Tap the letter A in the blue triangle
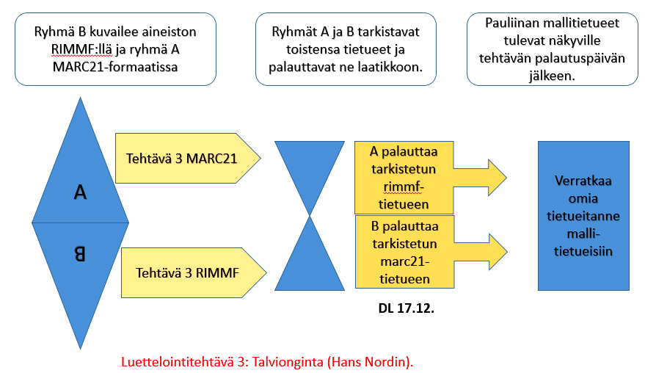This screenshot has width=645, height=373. coord(80,192)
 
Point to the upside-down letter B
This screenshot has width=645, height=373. coord(80,253)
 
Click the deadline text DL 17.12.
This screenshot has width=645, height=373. coord(406,308)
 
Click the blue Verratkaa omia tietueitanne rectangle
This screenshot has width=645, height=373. coord(583,216)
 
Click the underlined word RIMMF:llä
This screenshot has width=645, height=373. coord(81,49)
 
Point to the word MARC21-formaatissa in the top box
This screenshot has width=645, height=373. coord(115,67)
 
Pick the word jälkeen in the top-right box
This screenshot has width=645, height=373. coord(552,76)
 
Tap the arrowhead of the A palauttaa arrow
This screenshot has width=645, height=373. coord(497,178)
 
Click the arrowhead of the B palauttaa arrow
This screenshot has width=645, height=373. coord(498,252)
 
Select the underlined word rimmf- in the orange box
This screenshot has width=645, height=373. coord(404,187)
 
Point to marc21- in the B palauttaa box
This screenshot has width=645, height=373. coord(405,262)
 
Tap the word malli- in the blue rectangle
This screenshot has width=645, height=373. coord(583,233)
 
